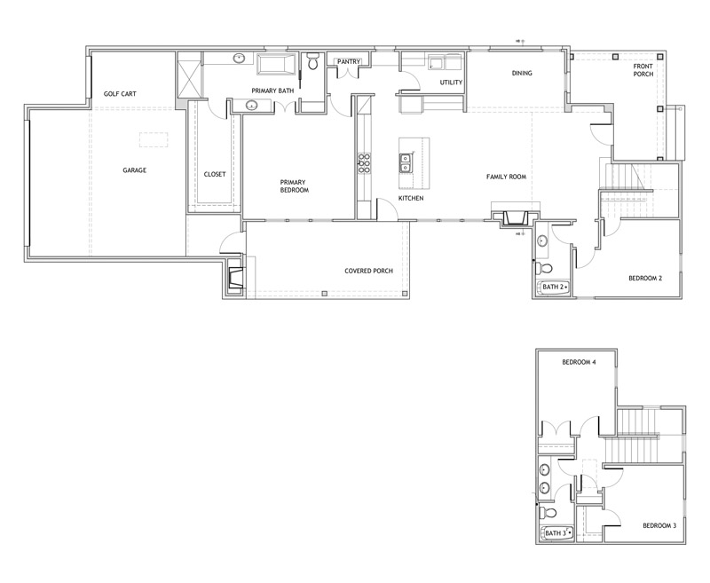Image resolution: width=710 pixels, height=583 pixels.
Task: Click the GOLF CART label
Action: click(x=120, y=94)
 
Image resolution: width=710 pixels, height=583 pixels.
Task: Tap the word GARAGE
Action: click(x=135, y=170)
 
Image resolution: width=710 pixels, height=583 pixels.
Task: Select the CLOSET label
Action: click(x=215, y=174)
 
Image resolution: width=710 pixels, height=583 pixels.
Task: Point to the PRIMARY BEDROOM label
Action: click(x=295, y=186)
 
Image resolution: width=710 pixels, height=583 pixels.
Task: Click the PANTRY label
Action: click(x=349, y=61)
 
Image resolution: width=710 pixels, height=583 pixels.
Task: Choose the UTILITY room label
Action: click(x=451, y=83)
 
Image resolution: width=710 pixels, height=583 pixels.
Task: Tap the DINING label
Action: click(x=522, y=73)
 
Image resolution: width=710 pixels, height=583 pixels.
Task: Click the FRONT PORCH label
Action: click(x=643, y=70)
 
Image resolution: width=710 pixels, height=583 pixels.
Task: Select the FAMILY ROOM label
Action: click(x=506, y=177)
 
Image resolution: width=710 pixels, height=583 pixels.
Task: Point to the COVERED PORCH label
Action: click(x=368, y=272)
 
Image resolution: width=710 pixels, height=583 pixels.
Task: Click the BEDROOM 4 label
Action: click(x=579, y=362)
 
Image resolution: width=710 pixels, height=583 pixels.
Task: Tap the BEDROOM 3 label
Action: click(x=659, y=526)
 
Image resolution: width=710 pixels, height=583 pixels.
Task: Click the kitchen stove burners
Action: click(x=364, y=163)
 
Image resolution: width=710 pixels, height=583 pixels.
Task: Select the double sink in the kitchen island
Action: click(x=406, y=163)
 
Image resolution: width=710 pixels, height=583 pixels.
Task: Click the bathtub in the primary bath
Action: click(x=276, y=64)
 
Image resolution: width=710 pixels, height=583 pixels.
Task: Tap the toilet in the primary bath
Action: click(x=312, y=61)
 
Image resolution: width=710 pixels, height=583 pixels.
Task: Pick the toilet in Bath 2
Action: click(x=543, y=269)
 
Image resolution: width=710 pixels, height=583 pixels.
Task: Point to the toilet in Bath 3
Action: click(x=548, y=513)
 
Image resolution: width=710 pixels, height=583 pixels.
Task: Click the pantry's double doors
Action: click(x=348, y=74)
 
